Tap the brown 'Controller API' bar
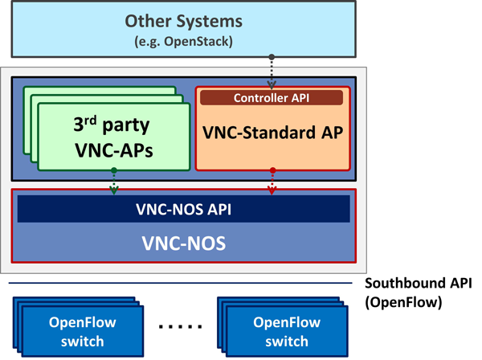click(x=273, y=97)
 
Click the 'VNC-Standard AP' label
click(x=273, y=133)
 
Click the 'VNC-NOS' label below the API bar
click(x=183, y=239)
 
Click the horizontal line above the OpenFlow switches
click(x=183, y=283)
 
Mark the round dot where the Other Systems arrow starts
click(x=273, y=57)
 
